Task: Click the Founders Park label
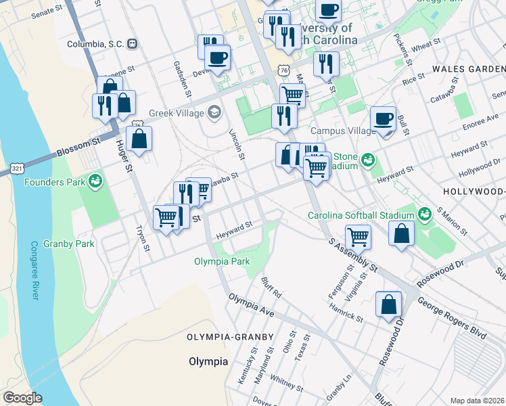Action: click(55, 182)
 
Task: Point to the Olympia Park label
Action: click(222, 261)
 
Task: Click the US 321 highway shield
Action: click(17, 166)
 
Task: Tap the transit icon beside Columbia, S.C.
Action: click(133, 44)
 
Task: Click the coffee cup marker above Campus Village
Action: click(384, 118)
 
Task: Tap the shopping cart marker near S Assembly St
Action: click(358, 237)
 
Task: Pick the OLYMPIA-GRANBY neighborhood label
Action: click(230, 337)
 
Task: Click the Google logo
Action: click(23, 398)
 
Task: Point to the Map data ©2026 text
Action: click(477, 401)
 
